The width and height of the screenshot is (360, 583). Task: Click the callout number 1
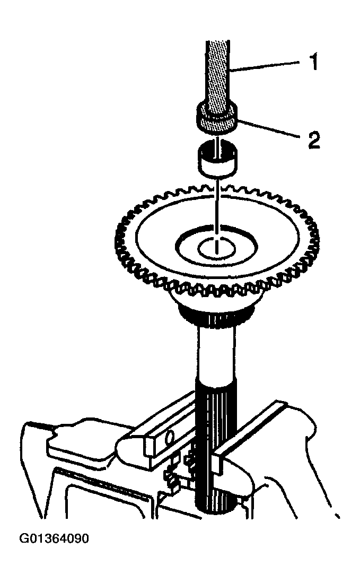(314, 62)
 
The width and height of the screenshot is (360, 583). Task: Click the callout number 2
(314, 140)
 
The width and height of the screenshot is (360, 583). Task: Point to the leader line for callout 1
(265, 66)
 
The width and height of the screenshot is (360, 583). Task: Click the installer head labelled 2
(216, 118)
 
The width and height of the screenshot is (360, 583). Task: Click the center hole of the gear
(217, 248)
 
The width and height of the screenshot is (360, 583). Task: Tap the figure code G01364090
(54, 538)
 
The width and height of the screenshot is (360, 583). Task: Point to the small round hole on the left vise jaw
(169, 437)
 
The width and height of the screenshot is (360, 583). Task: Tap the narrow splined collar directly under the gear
(216, 316)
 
